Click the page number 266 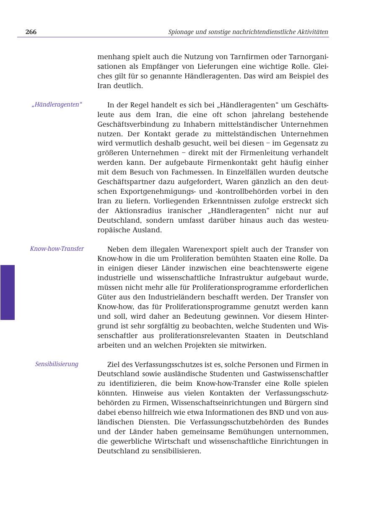click(x=31, y=32)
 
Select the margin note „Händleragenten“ click(x=57, y=104)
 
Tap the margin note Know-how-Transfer click(x=57, y=249)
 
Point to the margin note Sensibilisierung click(x=57, y=364)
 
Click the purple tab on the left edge click(x=8, y=292)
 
